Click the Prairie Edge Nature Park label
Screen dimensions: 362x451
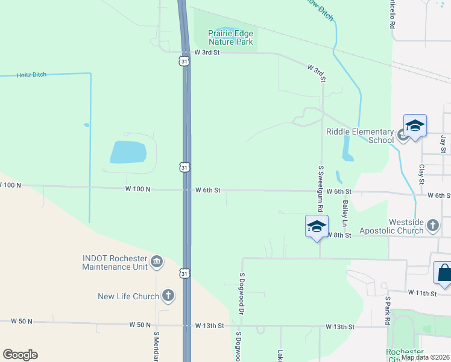(x=231, y=37)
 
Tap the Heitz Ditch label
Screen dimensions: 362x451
(x=31, y=74)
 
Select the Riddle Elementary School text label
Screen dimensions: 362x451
(x=360, y=136)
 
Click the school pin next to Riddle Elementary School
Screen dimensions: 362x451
(x=415, y=126)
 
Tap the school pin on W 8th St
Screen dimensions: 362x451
(x=317, y=227)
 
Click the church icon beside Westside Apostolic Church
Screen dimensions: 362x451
(x=432, y=226)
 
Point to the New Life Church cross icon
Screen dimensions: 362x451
(x=168, y=296)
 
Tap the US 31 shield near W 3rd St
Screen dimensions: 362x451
(x=184, y=62)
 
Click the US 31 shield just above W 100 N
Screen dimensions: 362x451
(x=184, y=167)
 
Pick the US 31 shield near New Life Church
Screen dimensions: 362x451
(x=184, y=274)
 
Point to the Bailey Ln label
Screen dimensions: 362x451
(x=345, y=209)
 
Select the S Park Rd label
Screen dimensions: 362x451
(x=388, y=311)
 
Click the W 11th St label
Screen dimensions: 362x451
(x=421, y=293)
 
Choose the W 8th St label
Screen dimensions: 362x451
(x=339, y=235)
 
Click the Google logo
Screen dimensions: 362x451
(x=20, y=355)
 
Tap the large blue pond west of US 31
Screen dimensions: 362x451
(x=128, y=153)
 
